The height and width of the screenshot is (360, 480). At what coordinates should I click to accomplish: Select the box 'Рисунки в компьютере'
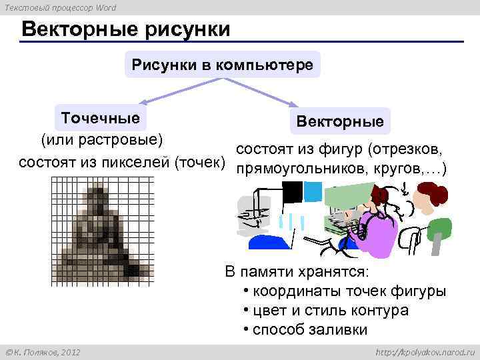click(x=223, y=65)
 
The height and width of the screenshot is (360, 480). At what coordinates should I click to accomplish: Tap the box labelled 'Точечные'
click(x=101, y=119)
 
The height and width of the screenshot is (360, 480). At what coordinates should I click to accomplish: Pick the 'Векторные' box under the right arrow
click(x=340, y=122)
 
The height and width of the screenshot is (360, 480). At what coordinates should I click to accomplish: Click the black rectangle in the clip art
click(x=292, y=192)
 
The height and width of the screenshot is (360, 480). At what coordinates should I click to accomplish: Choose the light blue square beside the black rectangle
click(x=312, y=192)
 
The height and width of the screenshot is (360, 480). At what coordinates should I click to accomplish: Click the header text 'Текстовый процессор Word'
click(x=61, y=7)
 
